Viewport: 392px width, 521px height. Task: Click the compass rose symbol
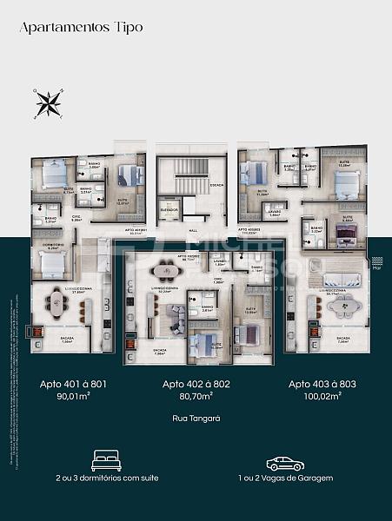click(48, 103)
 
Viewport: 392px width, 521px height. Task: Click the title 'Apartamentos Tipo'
click(81, 27)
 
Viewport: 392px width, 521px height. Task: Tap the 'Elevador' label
click(169, 210)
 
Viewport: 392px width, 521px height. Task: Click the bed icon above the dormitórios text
click(106, 459)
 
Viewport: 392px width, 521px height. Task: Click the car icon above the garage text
click(285, 463)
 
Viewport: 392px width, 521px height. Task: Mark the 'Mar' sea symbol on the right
click(376, 261)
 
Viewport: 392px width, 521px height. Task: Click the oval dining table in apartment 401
click(58, 301)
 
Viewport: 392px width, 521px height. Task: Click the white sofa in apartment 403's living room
click(341, 280)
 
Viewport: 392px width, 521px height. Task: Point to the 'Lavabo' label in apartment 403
click(274, 211)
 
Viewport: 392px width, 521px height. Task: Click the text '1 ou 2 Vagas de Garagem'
click(285, 478)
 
